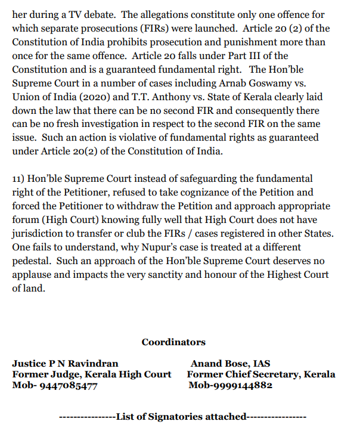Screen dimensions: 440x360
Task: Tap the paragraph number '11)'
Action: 19,178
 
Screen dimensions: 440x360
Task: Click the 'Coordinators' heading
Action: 173,342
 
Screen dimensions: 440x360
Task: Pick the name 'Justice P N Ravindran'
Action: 65,363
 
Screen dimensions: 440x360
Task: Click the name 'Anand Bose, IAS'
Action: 230,363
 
